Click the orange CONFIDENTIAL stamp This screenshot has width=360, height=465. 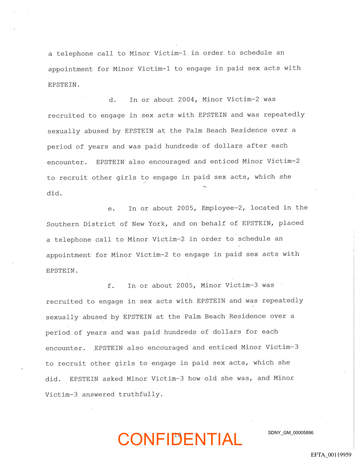coord(180,439)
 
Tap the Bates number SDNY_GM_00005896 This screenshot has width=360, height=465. coord(290,433)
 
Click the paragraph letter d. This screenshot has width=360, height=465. coord(112,100)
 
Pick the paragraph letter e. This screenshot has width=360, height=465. coord(111,208)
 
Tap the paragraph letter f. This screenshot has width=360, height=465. coord(111,286)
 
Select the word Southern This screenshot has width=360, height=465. coord(63,224)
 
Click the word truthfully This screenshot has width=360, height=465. coord(141,394)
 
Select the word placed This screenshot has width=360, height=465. coord(291,223)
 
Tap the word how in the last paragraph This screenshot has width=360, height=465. coord(194,379)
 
